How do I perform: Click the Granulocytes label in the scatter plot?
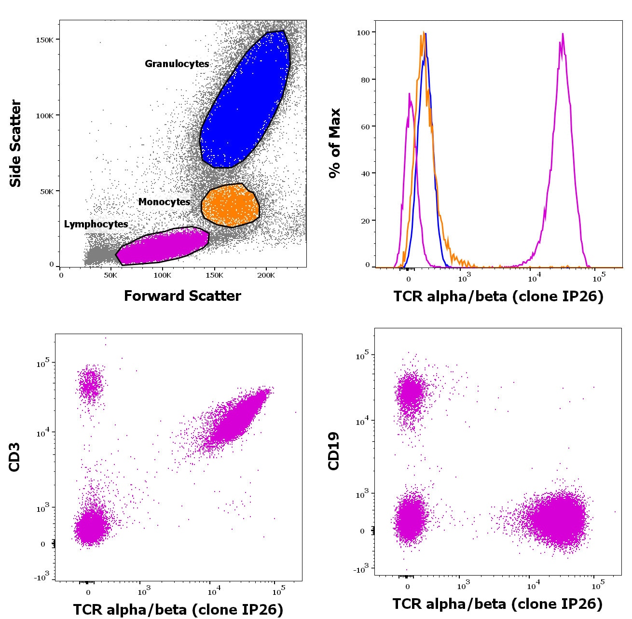point(177,64)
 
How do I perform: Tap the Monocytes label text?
point(164,202)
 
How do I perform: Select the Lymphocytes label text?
point(96,224)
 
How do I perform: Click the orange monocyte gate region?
point(231,206)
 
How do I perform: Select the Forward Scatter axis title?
point(182,295)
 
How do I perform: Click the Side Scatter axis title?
point(15,143)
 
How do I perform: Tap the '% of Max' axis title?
point(334,143)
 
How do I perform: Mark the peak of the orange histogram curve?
point(423,33)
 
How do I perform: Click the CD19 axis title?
point(334,451)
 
